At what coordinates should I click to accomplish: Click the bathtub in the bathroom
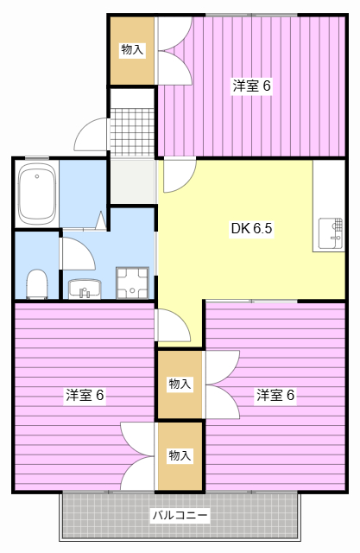[x=37, y=195]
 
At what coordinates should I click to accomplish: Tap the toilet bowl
[x=36, y=283]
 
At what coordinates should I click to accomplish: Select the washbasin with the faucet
[x=85, y=289]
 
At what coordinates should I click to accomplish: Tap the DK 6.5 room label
[x=251, y=229]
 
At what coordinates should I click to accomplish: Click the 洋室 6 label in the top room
[x=252, y=86]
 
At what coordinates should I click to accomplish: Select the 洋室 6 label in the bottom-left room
[x=85, y=395]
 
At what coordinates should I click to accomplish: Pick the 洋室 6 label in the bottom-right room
[x=275, y=395]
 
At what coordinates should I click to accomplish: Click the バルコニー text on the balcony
[x=180, y=515]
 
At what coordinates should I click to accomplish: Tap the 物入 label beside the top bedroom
[x=132, y=50]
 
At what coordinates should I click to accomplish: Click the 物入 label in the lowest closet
[x=180, y=455]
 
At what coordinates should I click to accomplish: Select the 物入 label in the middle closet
[x=180, y=384]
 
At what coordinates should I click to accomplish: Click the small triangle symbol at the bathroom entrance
[x=100, y=220]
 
